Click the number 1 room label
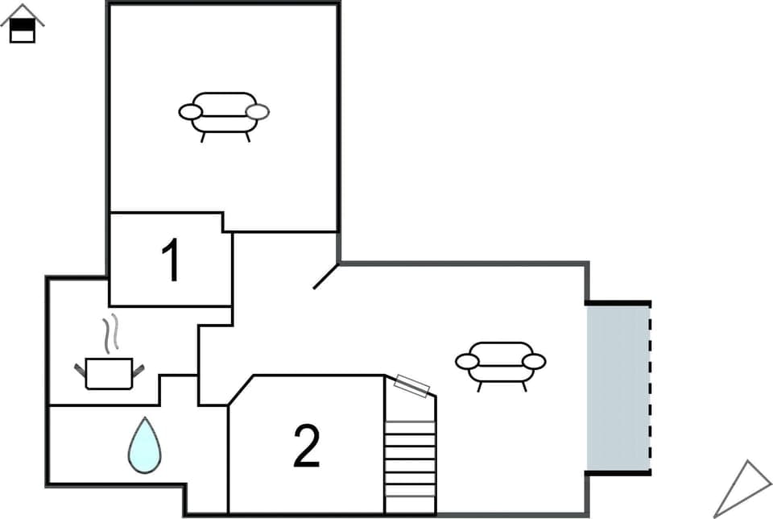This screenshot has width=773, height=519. coord(171,260)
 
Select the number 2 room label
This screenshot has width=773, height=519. coord(307,446)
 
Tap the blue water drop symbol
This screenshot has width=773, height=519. coord(144,446)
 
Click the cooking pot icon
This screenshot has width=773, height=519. coord(109,374)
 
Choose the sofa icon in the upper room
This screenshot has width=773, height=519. coord(224,114)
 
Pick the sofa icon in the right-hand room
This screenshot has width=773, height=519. coord(500,363)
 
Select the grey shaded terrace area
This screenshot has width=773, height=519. coord(617,387)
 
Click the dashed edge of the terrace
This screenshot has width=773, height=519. coord(649,387)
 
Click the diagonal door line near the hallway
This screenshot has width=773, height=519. coord(325,276)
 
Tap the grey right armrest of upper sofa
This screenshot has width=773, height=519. coord(258,112)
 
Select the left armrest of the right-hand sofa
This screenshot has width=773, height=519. coord(467,362)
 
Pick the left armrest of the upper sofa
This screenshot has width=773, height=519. coord(190,112)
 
